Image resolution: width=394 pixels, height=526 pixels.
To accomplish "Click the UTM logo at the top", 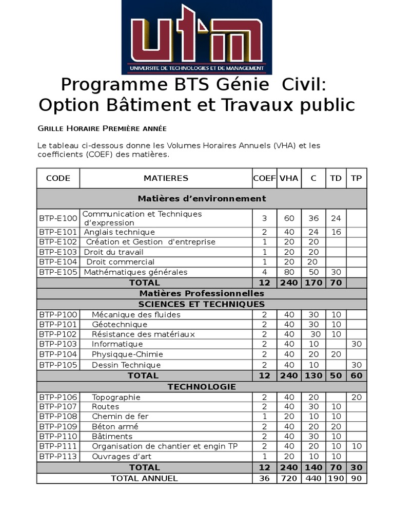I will coord(196,37).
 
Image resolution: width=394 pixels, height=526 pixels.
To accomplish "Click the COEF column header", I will coord(264,178).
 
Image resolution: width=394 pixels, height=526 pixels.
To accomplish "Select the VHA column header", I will coord(289,178).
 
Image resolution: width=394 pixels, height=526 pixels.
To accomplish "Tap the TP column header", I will coord(356,178).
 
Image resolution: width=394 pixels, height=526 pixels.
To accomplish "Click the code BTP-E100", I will coord(58,218).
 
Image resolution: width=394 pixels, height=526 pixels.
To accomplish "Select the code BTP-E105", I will coord(58,272).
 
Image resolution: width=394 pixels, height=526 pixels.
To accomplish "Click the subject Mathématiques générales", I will coord(135,272).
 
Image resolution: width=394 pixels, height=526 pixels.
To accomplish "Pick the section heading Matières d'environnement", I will coord(202,199).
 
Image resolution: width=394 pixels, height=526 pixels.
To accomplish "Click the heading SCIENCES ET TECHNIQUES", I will coord(202,304).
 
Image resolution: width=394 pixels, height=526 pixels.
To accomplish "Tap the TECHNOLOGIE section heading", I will coord(202,387).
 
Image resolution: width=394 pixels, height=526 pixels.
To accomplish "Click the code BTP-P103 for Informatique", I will coord(58,344).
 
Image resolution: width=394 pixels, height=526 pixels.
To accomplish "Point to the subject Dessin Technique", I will coord(126,365).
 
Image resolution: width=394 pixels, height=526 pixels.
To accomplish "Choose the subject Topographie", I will coord(116,397).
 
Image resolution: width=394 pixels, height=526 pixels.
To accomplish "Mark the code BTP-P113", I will coord(58,457).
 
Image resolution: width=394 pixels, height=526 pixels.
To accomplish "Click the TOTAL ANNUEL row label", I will coord(144,478).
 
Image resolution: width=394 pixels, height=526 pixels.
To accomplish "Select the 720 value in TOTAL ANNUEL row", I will coord(289,478).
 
